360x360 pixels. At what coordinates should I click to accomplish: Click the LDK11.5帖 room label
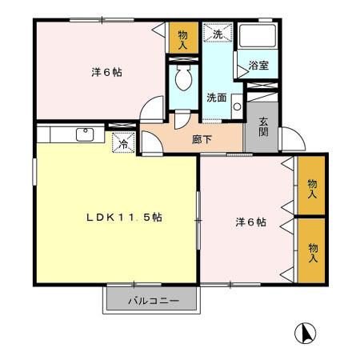point(125,217)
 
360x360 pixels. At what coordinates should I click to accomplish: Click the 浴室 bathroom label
point(258,66)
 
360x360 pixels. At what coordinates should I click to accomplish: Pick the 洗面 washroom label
point(215,98)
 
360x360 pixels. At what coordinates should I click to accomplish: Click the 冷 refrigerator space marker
point(124,144)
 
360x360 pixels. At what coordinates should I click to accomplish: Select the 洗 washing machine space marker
point(217,34)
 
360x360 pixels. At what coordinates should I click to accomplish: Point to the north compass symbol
point(305,332)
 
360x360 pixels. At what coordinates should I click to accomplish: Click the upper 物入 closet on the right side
point(311,189)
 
